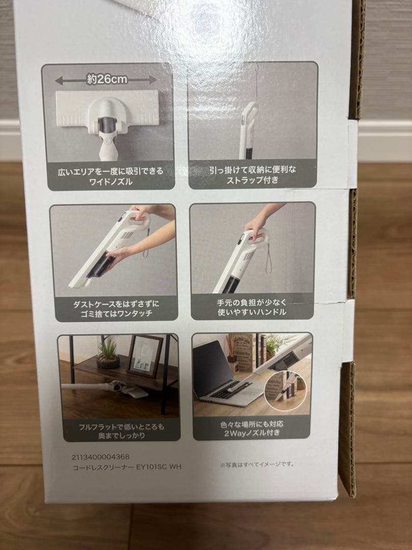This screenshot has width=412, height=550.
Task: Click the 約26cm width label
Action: tap(106, 79)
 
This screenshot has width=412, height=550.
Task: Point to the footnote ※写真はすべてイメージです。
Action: tap(257, 464)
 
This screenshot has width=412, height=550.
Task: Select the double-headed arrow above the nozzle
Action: tap(106, 80)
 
